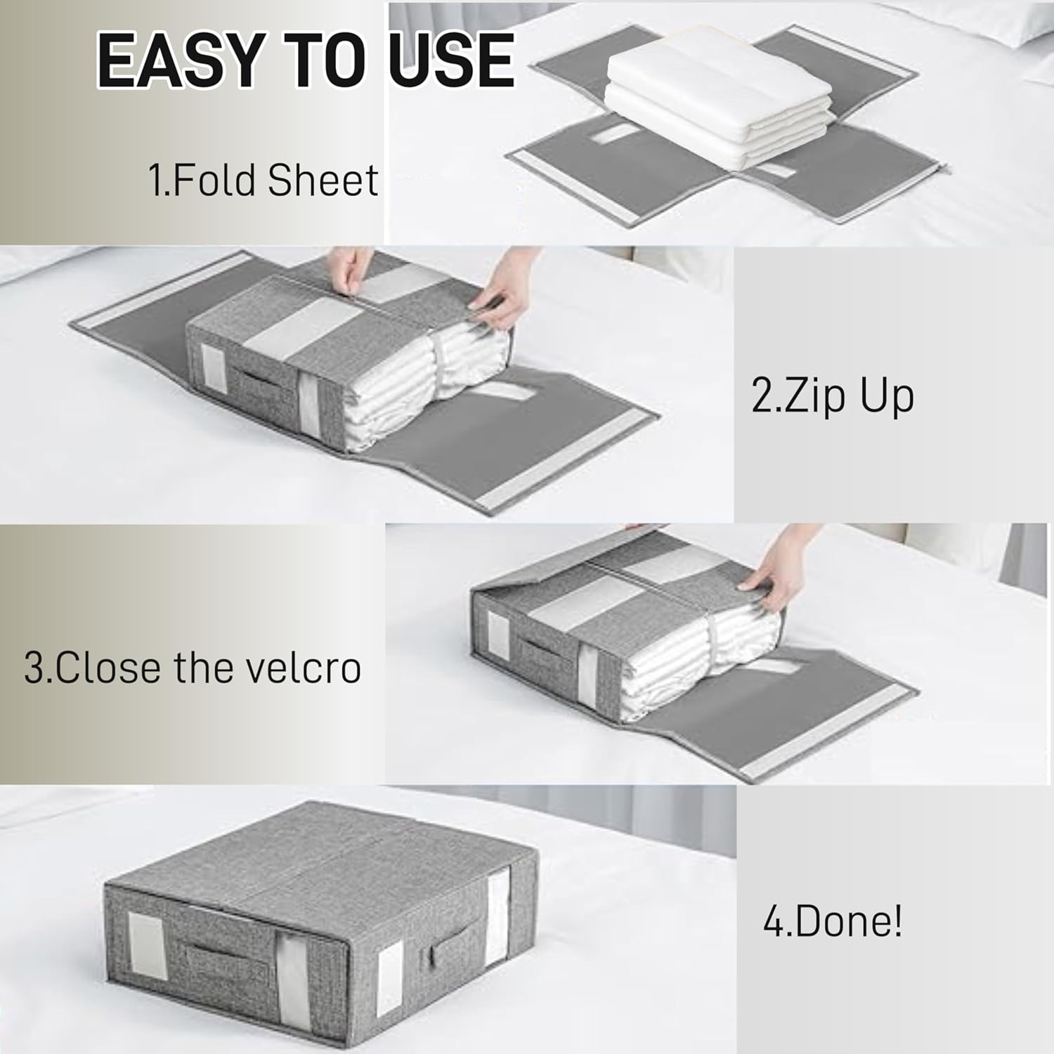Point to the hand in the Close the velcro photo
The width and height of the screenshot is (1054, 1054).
(x=769, y=562)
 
